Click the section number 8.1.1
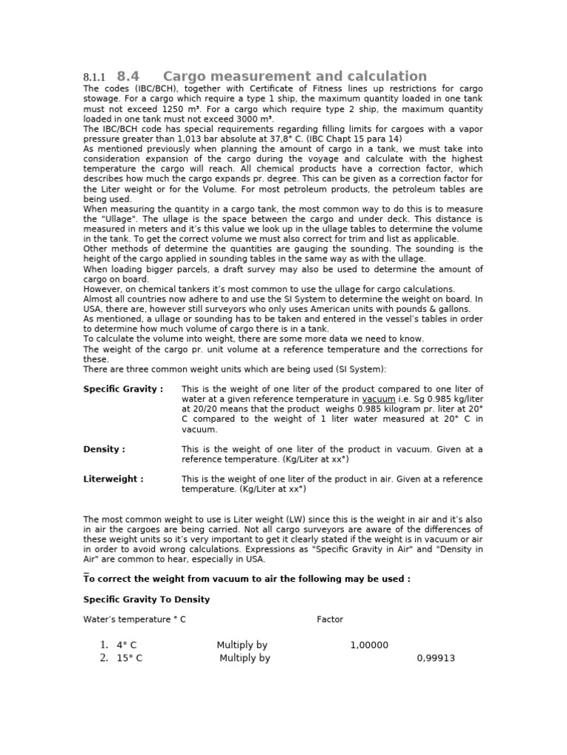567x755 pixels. point(94,77)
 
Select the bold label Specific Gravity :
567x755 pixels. point(123,389)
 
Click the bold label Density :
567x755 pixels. point(104,449)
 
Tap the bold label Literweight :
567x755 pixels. point(113,479)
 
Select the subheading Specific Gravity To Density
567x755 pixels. point(146,599)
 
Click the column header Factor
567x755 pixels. point(329,619)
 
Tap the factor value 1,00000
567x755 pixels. point(368,645)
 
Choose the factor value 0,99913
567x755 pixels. point(436,658)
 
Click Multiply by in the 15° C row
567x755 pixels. point(244,658)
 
